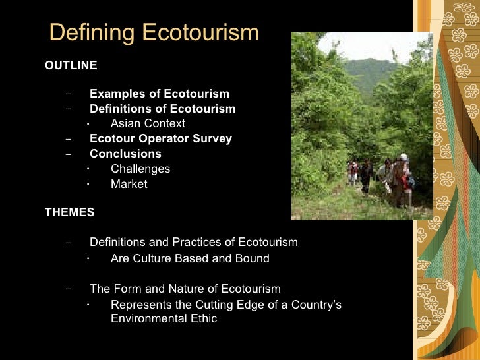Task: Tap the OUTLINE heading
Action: tap(71, 65)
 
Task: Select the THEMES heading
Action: tap(69, 212)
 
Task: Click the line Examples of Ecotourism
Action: tap(160, 94)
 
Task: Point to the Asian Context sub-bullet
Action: tap(148, 123)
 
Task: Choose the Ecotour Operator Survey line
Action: tap(161, 138)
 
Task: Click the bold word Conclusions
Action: tap(125, 154)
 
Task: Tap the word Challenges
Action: tap(140, 169)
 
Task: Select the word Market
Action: tap(129, 184)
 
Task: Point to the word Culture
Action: tap(151, 258)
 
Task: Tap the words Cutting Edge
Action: tap(227, 305)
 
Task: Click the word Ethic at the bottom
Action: tap(202, 319)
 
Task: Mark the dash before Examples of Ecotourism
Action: tap(69, 94)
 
